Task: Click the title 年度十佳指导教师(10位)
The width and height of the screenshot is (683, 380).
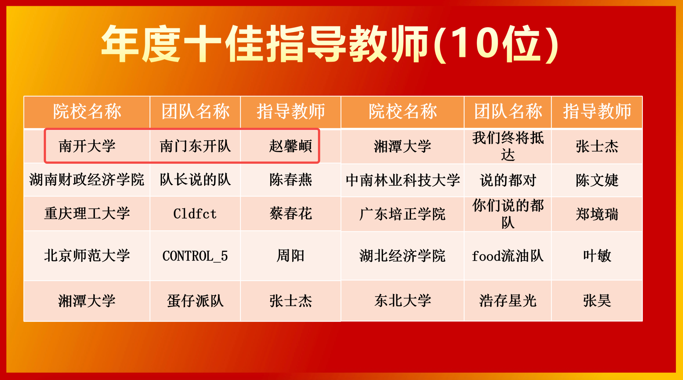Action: pyautogui.click(x=330, y=44)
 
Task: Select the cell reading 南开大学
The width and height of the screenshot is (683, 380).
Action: pyautogui.click(x=87, y=146)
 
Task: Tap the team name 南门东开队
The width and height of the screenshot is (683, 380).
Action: pyautogui.click(x=195, y=146)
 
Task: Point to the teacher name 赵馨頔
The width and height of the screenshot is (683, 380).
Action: pyautogui.click(x=291, y=146)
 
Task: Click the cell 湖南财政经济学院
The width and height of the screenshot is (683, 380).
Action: pyautogui.click(x=87, y=180)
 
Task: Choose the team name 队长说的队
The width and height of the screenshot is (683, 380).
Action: pyautogui.click(x=195, y=180)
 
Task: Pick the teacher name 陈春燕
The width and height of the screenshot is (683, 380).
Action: pyautogui.click(x=291, y=180)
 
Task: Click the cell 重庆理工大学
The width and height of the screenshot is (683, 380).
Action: pyautogui.click(x=87, y=214)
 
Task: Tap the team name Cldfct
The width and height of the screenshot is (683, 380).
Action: pyautogui.click(x=195, y=214)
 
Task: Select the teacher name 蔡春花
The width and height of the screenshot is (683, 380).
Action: pyautogui.click(x=291, y=214)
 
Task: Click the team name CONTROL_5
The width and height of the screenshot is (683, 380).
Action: pyautogui.click(x=195, y=256)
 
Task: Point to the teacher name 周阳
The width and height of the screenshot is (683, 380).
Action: pyautogui.click(x=291, y=256)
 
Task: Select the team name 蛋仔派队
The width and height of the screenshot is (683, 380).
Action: pyautogui.click(x=195, y=301)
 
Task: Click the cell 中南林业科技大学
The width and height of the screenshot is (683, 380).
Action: pyautogui.click(x=403, y=180)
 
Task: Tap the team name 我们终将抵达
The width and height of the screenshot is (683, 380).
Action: pyautogui.click(x=508, y=146)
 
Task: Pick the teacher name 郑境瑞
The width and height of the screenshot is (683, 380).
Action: pyautogui.click(x=597, y=214)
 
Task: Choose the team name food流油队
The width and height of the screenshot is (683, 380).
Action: pyautogui.click(x=508, y=256)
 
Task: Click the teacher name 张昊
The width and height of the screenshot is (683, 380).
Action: pyautogui.click(x=597, y=301)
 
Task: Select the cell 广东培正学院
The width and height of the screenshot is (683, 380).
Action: pyautogui.click(x=403, y=214)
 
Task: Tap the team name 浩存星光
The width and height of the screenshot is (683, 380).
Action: pyautogui.click(x=508, y=301)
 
